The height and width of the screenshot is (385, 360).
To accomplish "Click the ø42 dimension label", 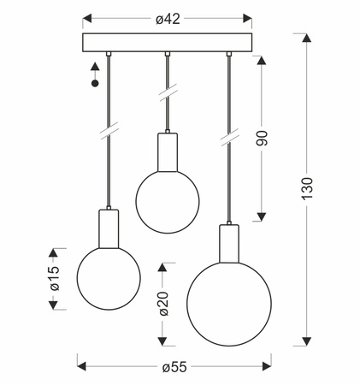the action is point(168,19).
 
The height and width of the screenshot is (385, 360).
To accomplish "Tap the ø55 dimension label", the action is point(174,367).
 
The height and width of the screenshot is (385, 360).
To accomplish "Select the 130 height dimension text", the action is point(308,189).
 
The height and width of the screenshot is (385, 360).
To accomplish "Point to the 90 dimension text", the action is point(262,139).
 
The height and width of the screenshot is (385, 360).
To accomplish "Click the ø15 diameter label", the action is point(55,278).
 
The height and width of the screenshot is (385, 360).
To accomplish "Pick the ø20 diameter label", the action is point(163,304).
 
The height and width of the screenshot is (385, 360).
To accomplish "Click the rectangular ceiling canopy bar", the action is point(168,43).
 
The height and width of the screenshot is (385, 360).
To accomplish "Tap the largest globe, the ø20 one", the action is point(229,305).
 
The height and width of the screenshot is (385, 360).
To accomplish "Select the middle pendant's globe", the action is point(168,202).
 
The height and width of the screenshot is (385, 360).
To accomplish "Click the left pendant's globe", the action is point(109,278).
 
